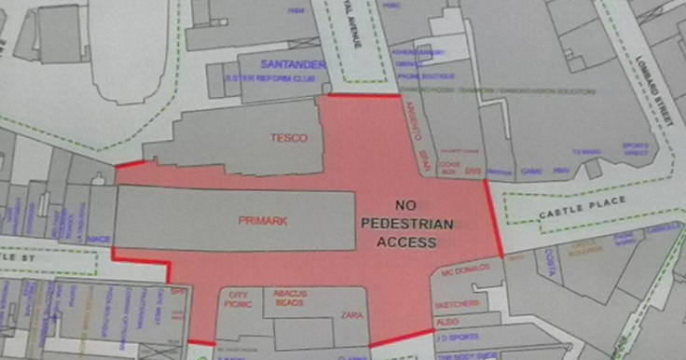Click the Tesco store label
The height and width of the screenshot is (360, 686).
pyautogui.click(x=288, y=138)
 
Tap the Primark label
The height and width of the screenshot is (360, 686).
pyautogui.click(x=263, y=221)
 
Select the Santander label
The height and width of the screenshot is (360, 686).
pyautogui.click(x=293, y=64)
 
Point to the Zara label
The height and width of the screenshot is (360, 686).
pyautogui.click(x=350, y=315)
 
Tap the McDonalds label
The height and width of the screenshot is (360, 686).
pyautogui.click(x=460, y=272)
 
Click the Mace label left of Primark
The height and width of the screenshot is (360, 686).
pyautogui.click(x=99, y=240)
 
